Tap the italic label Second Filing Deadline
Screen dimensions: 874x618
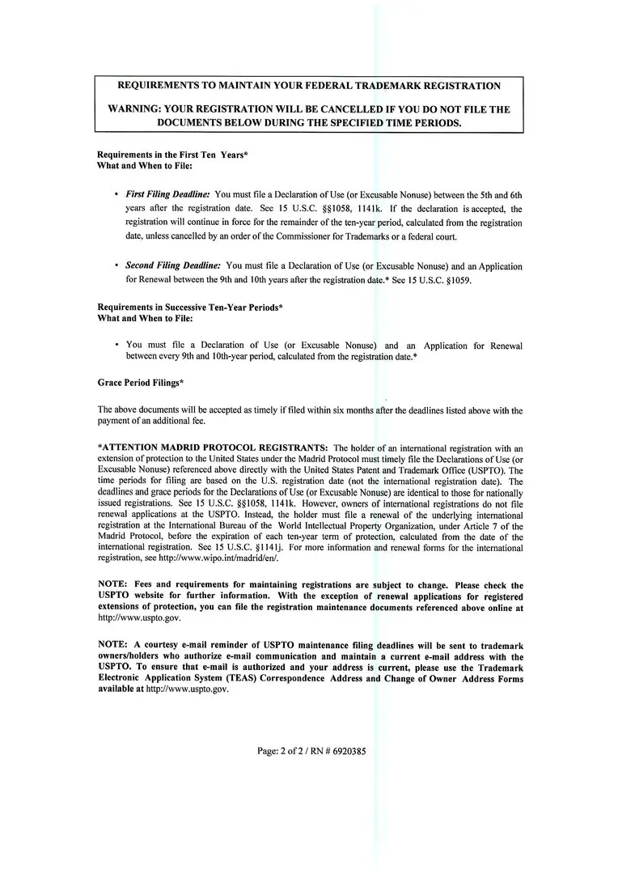(x=174, y=266)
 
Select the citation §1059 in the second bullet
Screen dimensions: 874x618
(x=452, y=280)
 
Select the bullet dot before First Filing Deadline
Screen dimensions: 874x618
(x=116, y=195)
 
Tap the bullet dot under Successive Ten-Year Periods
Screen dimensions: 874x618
(x=116, y=346)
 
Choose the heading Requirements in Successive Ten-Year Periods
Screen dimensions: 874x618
(x=189, y=308)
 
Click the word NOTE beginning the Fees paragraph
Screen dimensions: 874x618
(x=112, y=585)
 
